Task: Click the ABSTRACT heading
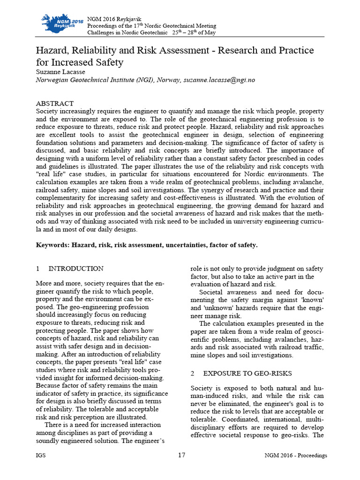pyautogui.click(x=55, y=103)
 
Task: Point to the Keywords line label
pyautogui.click(x=52, y=245)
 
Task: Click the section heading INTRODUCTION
pyautogui.click(x=76, y=269)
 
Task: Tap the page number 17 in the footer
pyautogui.click(x=182, y=455)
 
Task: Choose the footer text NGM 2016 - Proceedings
pyautogui.click(x=295, y=456)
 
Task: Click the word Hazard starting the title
pyautogui.click(x=53, y=50)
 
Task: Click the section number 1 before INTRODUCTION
pyautogui.click(x=38, y=269)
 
